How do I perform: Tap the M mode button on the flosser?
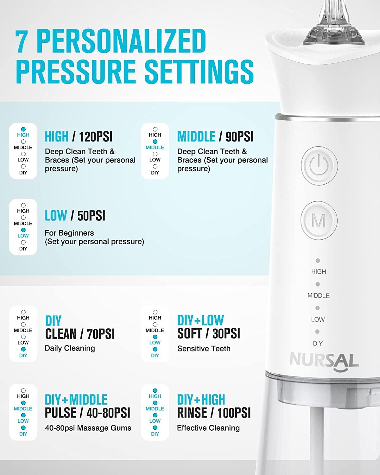tap(319, 220)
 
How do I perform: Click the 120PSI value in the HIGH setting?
tap(96, 136)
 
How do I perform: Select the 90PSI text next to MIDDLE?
tap(239, 136)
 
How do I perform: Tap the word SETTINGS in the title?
tap(199, 72)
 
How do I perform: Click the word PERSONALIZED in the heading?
tap(121, 41)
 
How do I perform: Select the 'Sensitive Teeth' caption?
tap(204, 349)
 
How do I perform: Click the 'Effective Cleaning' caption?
tap(208, 428)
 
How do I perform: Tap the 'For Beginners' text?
tap(69, 233)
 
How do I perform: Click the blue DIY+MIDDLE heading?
tap(76, 400)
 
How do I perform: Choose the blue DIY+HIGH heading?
tap(201, 400)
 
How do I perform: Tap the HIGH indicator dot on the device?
tap(318, 261)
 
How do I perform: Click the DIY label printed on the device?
tap(318, 344)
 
